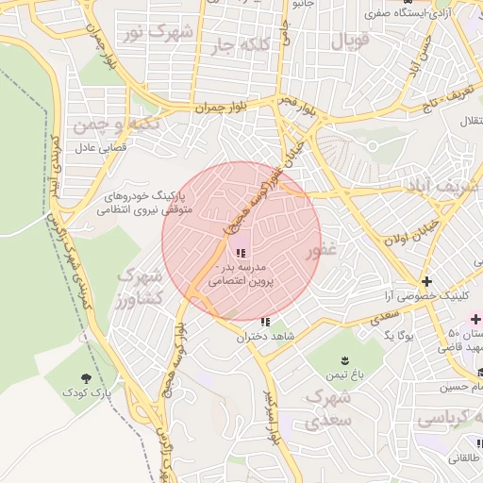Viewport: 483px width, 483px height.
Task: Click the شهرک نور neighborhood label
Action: coord(158,33)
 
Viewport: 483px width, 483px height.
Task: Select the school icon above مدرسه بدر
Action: coord(240,253)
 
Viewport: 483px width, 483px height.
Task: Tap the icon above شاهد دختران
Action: coord(264,322)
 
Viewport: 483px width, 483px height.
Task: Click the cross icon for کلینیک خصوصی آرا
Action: coord(427,281)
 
